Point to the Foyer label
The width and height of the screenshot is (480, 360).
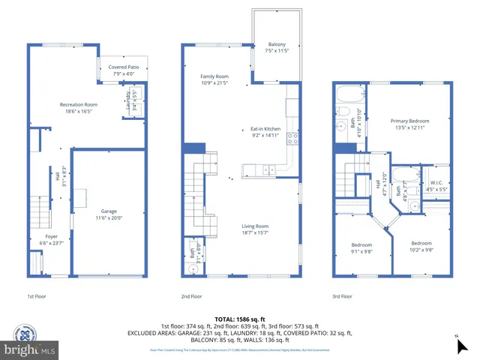[x=51, y=240]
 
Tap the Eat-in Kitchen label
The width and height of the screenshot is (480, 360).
[x=265, y=133]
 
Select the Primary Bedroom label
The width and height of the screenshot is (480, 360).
[x=409, y=124]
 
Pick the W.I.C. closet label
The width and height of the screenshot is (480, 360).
[x=436, y=187]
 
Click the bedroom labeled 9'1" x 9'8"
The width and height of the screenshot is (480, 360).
[x=361, y=248]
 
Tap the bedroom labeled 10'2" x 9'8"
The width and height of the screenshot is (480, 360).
[x=421, y=247]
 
